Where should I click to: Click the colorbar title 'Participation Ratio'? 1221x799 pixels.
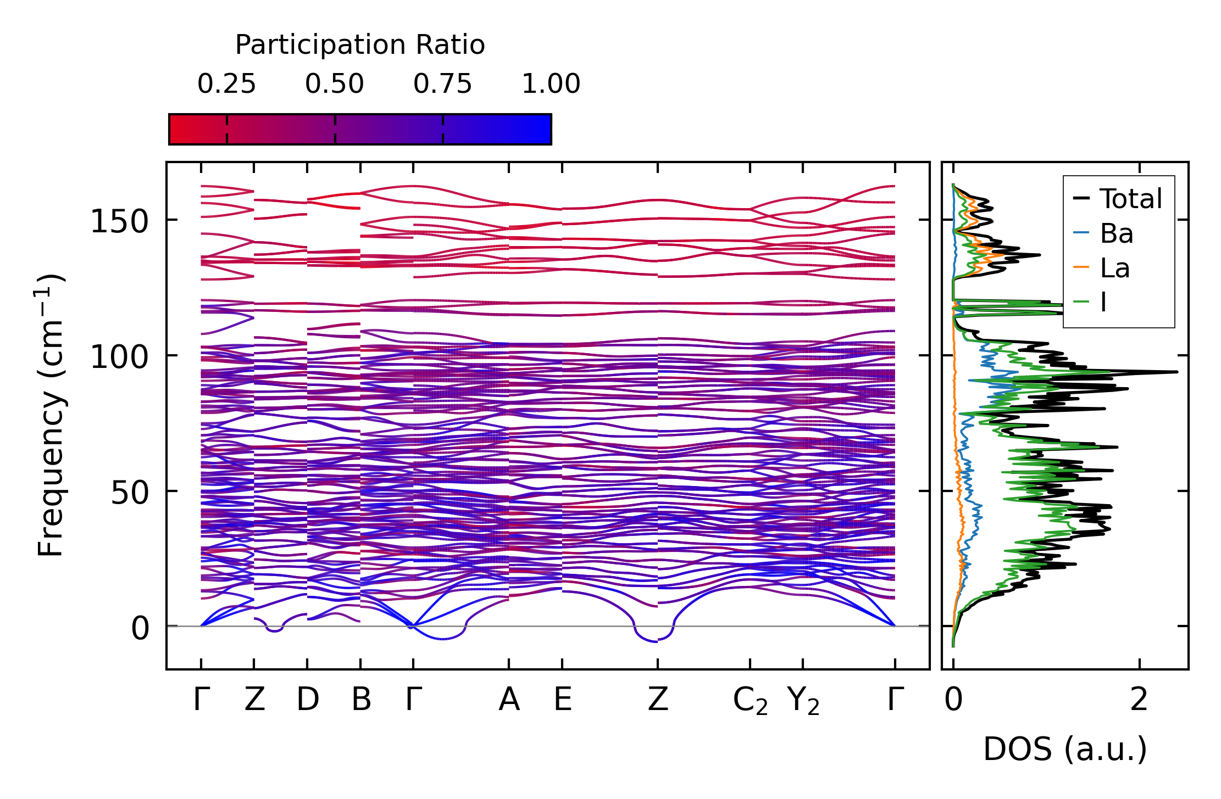(x=360, y=45)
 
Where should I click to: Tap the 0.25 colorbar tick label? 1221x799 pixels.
(x=226, y=84)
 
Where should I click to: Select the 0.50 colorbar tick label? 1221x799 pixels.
(x=335, y=84)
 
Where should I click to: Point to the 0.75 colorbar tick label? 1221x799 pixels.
(x=442, y=84)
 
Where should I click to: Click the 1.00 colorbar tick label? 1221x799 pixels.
(x=551, y=84)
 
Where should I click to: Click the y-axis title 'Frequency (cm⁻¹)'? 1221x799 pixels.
(x=51, y=415)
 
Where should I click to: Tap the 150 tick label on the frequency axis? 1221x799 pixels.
(x=120, y=222)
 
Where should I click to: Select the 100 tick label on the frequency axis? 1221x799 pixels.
(x=120, y=357)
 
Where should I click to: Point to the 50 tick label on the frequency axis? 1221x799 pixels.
(x=130, y=493)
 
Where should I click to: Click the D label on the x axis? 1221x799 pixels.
(x=308, y=700)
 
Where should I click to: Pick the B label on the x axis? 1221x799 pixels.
(x=361, y=700)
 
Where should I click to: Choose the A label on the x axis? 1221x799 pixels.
(x=509, y=700)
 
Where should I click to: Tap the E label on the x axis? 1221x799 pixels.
(x=563, y=700)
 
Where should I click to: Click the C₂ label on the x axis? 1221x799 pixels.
(x=750, y=701)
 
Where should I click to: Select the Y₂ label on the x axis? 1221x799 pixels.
(x=803, y=701)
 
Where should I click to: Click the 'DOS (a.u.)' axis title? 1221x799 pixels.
(x=1065, y=749)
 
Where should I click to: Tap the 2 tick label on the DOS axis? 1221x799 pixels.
(x=1139, y=700)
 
